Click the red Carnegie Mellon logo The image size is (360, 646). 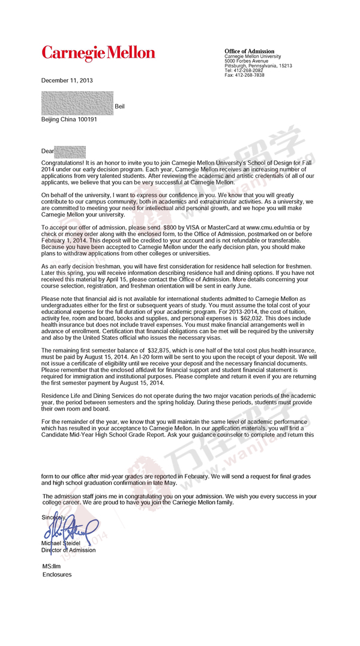click(98, 53)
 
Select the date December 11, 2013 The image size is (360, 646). click(67, 80)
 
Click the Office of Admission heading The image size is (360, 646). click(249, 52)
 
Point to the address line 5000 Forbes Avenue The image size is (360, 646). click(246, 61)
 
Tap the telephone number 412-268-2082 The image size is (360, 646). click(249, 70)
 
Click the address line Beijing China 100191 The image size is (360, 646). click(69, 119)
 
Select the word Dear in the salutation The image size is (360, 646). click(47, 151)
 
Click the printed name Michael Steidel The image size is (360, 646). click(61, 544)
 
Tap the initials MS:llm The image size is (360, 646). click(52, 566)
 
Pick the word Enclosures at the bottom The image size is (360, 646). click(56, 575)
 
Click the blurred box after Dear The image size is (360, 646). click(70, 151)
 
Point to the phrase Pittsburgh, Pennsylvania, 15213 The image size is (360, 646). click(258, 66)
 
